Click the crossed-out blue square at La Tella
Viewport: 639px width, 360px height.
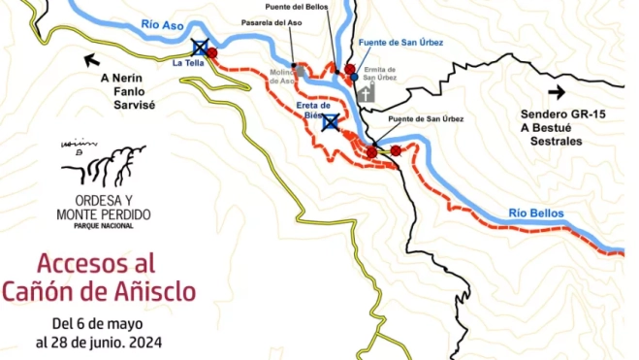[200, 47]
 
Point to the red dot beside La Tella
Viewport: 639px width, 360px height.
[212, 53]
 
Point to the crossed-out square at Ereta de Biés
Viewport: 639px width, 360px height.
[330, 121]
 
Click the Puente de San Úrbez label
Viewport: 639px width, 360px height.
[426, 119]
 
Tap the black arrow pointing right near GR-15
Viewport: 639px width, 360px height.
[557, 92]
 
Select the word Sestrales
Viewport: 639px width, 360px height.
[557, 141]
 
